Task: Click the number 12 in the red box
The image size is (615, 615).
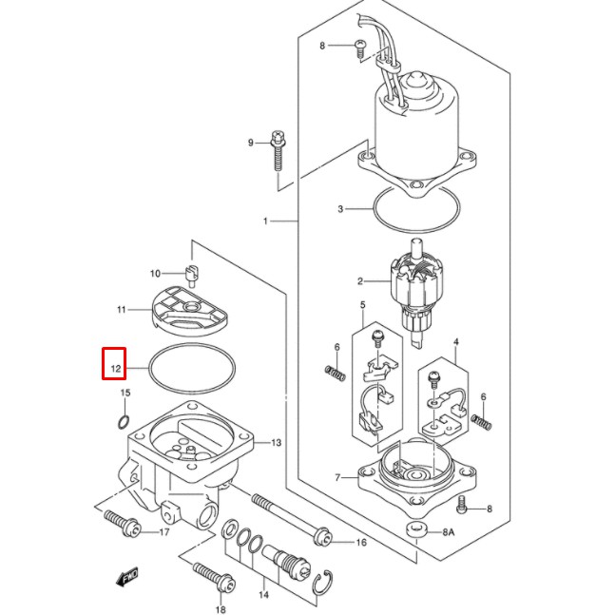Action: [x=115, y=364]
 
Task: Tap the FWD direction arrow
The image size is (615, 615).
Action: [x=125, y=577]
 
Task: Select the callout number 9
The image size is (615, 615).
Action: [x=251, y=143]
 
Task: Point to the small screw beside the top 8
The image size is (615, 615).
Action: [x=360, y=47]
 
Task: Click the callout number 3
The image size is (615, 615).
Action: [x=339, y=208]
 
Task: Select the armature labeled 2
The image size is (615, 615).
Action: [x=415, y=285]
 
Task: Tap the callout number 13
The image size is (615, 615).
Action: [x=277, y=443]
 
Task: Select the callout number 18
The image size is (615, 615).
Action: [x=221, y=609]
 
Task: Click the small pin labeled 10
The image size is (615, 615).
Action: [x=191, y=277]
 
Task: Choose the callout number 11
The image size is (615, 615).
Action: [x=122, y=310]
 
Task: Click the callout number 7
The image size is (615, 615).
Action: [x=336, y=476]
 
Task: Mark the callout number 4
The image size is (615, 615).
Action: [x=455, y=340]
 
